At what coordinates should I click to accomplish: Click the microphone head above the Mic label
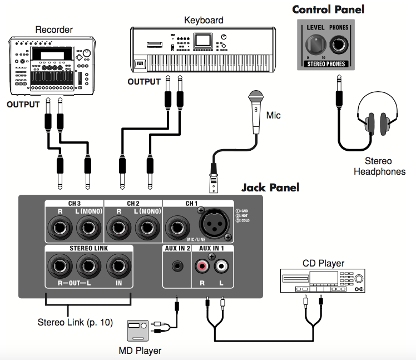(x=256, y=95)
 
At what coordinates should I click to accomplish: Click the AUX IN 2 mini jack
(x=176, y=266)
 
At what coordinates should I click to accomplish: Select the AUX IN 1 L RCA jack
(x=222, y=267)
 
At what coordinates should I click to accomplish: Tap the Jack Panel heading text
(x=270, y=188)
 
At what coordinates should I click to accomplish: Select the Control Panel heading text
(x=328, y=9)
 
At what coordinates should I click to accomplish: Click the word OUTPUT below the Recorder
(x=23, y=105)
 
